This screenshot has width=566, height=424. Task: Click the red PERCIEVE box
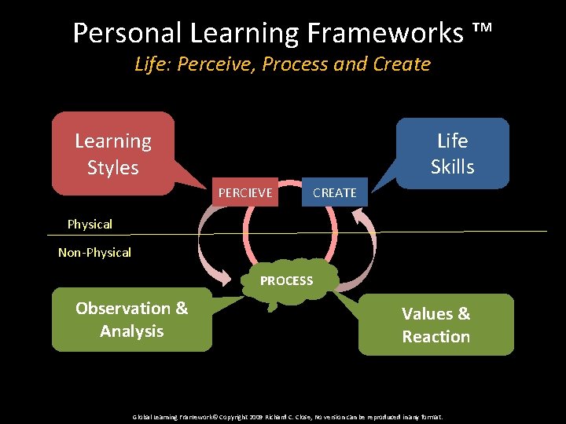pyautogui.click(x=245, y=192)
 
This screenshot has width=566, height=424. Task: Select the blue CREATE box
pyautogui.click(x=334, y=192)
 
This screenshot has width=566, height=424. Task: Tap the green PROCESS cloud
pyautogui.click(x=286, y=281)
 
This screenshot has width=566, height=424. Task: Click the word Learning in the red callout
pyautogui.click(x=112, y=141)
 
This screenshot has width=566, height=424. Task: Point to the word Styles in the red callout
pyautogui.click(x=112, y=168)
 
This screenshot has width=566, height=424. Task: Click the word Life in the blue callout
pyautogui.click(x=452, y=141)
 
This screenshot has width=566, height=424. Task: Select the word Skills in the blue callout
pyautogui.click(x=452, y=167)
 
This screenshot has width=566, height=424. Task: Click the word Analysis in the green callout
pyautogui.click(x=131, y=331)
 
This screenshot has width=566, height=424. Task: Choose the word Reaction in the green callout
pyautogui.click(x=436, y=337)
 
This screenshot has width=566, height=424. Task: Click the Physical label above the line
pyautogui.click(x=90, y=225)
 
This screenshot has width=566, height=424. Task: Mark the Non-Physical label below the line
pyautogui.click(x=94, y=253)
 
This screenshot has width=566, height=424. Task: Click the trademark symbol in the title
pyautogui.click(x=482, y=31)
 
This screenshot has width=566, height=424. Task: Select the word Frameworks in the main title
pyautogui.click(x=380, y=33)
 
